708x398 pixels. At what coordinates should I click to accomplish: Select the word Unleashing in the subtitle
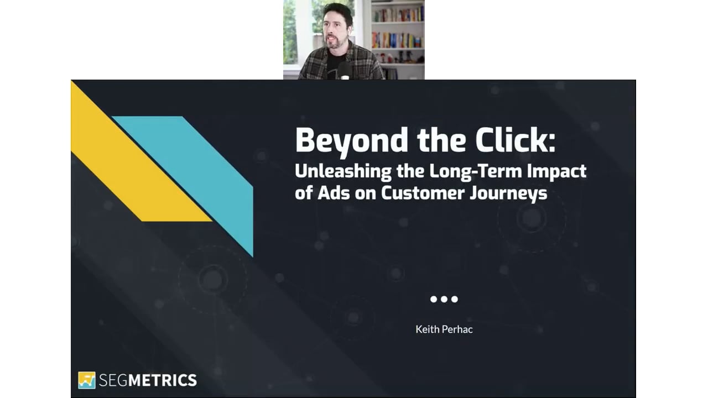click(343, 172)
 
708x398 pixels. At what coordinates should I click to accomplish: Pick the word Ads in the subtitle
click(334, 193)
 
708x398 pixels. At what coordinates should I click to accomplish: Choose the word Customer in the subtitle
click(423, 193)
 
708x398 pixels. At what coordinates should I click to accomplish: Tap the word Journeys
click(508, 193)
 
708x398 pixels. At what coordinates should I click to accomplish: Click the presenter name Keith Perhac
click(444, 329)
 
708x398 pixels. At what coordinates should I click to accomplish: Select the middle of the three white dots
click(444, 299)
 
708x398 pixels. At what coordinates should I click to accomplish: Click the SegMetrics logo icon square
click(87, 380)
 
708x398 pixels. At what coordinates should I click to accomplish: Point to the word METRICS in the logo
click(163, 380)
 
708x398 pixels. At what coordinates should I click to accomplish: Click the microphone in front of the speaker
click(344, 71)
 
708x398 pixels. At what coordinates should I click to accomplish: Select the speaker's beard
click(336, 43)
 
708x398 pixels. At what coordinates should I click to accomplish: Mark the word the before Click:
click(441, 140)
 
